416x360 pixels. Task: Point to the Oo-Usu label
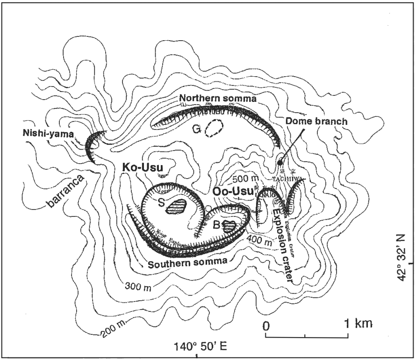[x=230, y=192]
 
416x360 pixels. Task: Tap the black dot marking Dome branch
[x=280, y=163]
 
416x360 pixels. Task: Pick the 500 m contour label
[x=245, y=179]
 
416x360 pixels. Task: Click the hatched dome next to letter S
[x=177, y=206]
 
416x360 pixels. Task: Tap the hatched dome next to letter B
[x=230, y=226]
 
